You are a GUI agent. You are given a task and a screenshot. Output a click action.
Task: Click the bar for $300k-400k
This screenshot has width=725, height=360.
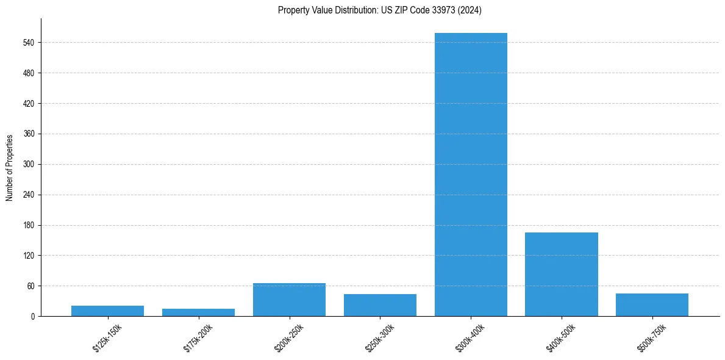point(471,175)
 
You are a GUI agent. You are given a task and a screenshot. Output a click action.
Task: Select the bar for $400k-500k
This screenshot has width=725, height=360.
point(562,274)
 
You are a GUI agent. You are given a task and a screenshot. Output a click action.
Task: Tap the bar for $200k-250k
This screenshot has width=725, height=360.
point(289,300)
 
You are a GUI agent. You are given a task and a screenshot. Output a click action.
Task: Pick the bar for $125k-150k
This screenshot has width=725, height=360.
point(107,311)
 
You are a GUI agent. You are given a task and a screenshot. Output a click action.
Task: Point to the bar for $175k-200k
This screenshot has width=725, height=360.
point(198,312)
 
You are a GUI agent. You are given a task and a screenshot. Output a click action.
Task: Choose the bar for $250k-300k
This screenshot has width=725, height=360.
point(380,305)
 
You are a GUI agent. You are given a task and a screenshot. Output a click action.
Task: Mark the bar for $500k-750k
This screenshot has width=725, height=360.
point(652,304)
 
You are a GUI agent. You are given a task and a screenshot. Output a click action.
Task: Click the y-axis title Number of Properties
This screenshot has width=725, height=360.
point(9,168)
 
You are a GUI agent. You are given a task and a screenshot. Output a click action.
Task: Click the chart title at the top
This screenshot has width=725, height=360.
point(379,10)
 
